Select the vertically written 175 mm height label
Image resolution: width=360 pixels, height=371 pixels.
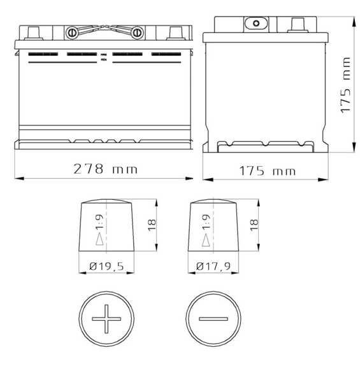coord(345,93)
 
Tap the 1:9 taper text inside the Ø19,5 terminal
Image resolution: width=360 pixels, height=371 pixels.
coord(99,224)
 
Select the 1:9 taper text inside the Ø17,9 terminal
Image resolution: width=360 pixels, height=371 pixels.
coord(206,224)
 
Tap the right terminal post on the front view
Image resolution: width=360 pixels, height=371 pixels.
coord(175,31)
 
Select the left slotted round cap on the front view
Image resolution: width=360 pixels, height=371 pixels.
coord(72,31)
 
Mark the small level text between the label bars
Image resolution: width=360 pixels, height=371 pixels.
coord(104,58)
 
